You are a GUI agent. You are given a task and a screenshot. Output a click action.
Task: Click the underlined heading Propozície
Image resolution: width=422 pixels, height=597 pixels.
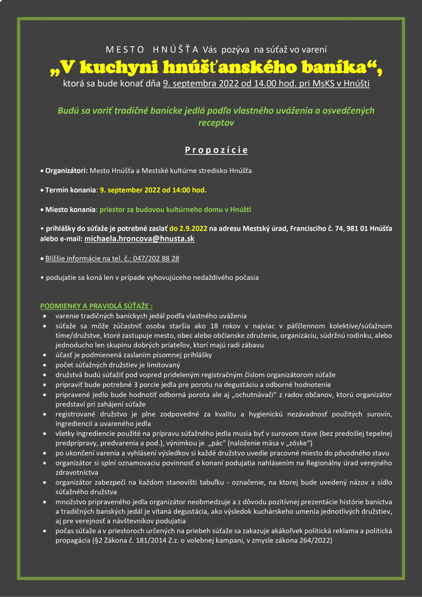(x=216, y=150)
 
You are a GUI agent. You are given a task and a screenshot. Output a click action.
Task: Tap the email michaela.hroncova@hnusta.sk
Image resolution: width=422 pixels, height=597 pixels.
(x=139, y=239)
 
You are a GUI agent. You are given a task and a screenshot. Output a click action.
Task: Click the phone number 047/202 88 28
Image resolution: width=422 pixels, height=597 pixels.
(x=156, y=258)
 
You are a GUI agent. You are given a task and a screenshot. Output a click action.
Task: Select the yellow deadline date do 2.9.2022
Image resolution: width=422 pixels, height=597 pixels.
(x=188, y=229)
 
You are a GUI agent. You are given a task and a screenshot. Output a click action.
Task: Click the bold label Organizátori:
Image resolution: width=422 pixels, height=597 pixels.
(x=66, y=171)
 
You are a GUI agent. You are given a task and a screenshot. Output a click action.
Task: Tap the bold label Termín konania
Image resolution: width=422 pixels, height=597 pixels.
(x=70, y=190)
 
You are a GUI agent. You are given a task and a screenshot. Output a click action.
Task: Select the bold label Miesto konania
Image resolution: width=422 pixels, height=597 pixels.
(x=70, y=210)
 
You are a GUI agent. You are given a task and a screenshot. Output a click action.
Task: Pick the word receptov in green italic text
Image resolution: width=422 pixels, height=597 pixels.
(x=216, y=123)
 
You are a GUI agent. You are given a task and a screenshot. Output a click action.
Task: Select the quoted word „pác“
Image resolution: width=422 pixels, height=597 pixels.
(x=215, y=443)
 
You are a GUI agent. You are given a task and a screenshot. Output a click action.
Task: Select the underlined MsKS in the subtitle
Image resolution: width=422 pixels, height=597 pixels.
(x=323, y=83)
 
